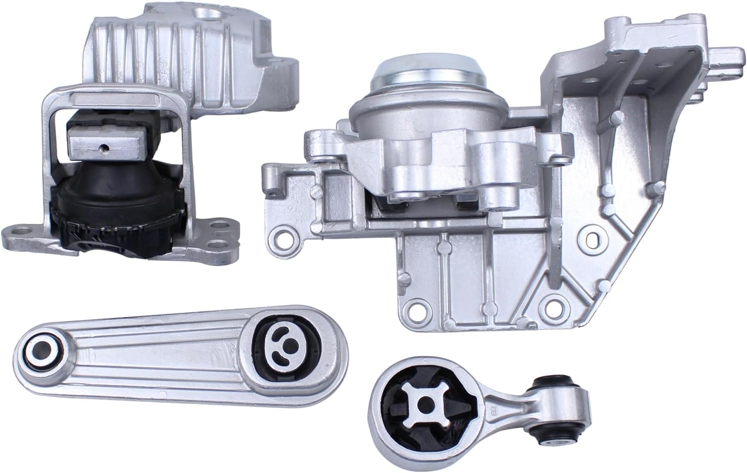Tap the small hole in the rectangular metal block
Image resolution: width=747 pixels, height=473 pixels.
click(104, 148)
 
